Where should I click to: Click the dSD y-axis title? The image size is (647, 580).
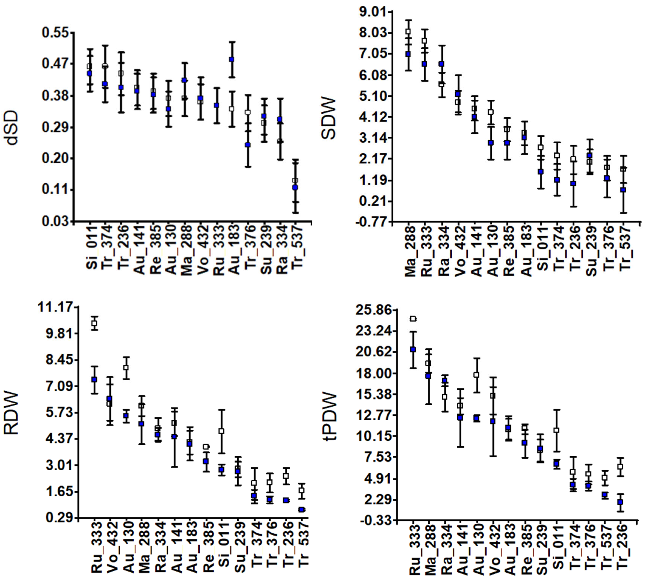click(12, 128)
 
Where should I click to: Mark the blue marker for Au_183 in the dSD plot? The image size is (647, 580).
click(231, 60)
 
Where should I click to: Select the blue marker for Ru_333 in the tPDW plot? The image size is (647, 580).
click(413, 349)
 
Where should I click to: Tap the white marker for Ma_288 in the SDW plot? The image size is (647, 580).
click(408, 32)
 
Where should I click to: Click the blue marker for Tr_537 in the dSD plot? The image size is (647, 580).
click(295, 188)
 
